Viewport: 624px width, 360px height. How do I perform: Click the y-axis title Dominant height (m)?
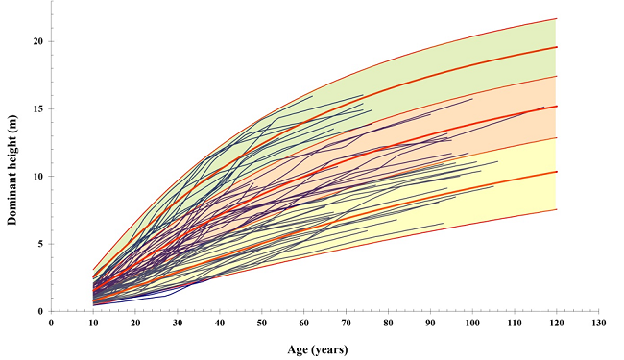12,169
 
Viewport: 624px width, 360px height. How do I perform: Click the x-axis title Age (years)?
317,349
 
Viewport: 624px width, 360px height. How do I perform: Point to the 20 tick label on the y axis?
38,41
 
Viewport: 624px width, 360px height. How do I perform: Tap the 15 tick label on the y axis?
38,108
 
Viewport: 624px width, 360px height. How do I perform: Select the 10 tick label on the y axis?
38,177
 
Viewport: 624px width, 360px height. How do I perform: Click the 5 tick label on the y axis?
41,244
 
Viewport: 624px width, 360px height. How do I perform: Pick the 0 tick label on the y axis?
41,311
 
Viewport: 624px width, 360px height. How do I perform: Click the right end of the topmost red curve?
557,19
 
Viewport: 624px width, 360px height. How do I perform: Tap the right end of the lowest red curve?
557,209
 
